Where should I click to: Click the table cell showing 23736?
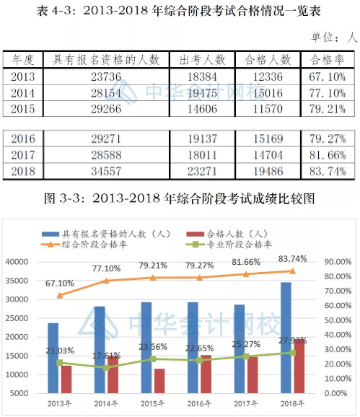point(106,77)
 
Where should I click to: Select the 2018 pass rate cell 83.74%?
point(328,171)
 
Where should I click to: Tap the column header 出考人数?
point(202,60)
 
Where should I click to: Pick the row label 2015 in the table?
point(23,109)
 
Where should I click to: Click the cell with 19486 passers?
point(268,171)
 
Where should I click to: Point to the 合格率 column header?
point(328,60)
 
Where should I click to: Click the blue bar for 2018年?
point(286,338)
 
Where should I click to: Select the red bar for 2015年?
point(159,381)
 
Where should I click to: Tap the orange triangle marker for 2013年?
point(60,295)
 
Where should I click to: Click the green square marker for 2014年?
point(106,367)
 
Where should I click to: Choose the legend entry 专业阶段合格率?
point(229,245)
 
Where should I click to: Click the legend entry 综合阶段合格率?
point(84,245)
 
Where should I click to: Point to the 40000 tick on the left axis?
point(17,262)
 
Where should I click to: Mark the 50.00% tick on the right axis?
point(338,320)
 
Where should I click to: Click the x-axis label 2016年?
point(199,404)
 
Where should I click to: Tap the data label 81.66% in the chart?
point(246,262)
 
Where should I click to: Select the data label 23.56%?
point(153,347)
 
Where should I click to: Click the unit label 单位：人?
point(334,37)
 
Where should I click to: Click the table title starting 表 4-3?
point(178,11)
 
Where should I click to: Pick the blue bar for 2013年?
point(53,358)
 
